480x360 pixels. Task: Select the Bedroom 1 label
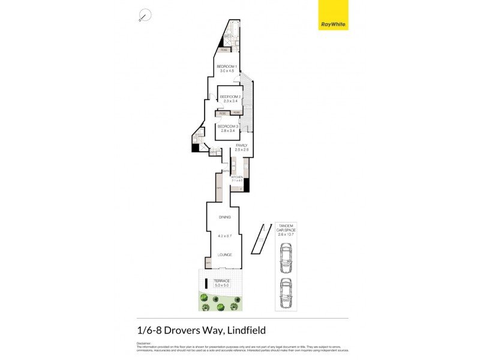point(227,66)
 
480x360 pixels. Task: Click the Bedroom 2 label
point(230,97)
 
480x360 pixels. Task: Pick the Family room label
point(241,145)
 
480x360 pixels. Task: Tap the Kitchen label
point(236,178)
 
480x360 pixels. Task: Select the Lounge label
point(225,254)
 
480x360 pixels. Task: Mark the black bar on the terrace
point(206,284)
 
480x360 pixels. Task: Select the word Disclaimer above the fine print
point(144,343)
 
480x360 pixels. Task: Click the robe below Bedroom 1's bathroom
point(223,50)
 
